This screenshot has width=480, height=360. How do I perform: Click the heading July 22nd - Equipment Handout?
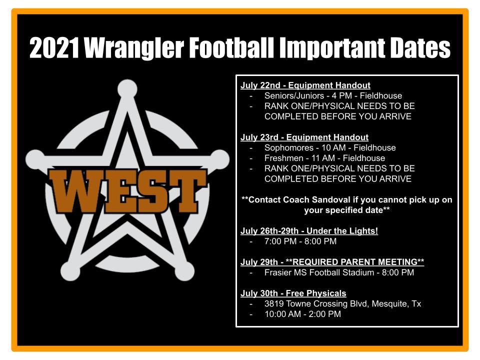305,85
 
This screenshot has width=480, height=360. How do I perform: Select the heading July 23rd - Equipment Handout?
304,137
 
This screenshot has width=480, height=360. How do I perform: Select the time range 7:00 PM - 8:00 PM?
300,241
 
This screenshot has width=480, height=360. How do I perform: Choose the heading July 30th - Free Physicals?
293,293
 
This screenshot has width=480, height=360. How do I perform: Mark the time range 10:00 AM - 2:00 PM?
302,314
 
